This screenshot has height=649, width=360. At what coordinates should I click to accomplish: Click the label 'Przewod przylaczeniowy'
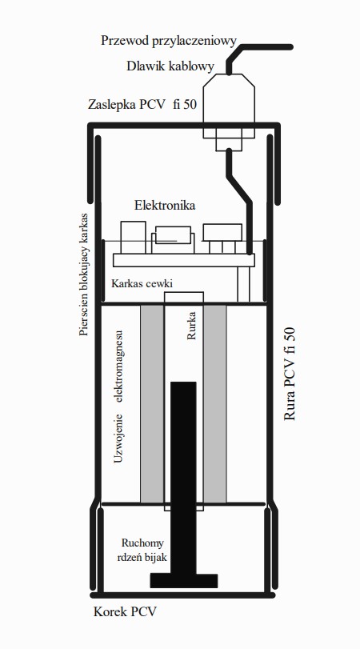169,41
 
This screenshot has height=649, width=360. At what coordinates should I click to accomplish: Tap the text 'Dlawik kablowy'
170,66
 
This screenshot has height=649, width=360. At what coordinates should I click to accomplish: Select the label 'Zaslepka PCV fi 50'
142,104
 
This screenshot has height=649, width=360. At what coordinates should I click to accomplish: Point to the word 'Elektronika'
165,206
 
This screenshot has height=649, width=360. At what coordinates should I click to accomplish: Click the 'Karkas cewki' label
142,284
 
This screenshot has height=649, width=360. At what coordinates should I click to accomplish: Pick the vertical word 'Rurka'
191,326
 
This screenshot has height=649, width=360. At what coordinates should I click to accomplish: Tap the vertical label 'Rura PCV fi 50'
290,375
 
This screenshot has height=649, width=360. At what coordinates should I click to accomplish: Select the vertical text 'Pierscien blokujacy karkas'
85,274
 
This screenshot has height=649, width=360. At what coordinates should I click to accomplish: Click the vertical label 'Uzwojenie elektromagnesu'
118,396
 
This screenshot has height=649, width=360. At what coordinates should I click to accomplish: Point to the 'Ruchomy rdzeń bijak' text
142,550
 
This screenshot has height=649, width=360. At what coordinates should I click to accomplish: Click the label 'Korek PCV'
126,611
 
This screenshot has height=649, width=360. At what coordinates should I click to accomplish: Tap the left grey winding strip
152,403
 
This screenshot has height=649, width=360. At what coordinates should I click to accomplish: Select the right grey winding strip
214,403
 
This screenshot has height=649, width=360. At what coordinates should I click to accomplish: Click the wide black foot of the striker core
184,581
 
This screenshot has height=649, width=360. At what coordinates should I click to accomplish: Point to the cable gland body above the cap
229,98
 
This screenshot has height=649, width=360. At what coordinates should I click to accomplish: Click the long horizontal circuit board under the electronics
184,260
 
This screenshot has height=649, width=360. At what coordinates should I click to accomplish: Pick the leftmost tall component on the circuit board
133,237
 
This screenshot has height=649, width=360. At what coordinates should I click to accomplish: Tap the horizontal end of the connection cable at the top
267,47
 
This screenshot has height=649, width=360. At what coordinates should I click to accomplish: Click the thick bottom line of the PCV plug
182,595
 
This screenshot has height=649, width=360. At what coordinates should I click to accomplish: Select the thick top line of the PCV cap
184,125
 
